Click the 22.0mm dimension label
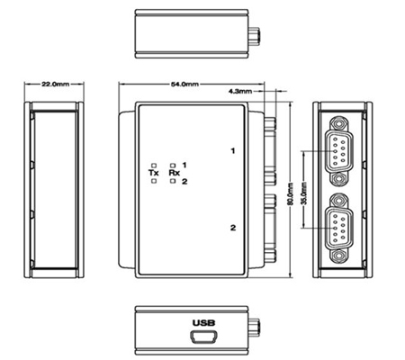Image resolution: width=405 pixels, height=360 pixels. point(56,84)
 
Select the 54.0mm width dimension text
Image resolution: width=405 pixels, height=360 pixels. point(184,85)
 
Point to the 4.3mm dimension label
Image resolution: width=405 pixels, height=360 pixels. point(240,91)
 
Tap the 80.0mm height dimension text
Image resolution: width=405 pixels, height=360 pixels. point(290,194)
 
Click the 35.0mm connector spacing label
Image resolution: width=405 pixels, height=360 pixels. point(304,193)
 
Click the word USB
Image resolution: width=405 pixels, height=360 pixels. point(204,323)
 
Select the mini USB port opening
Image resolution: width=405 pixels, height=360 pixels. point(203,337)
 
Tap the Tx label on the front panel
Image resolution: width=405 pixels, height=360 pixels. point(154,173)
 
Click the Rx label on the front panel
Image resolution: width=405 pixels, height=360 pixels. point(175,173)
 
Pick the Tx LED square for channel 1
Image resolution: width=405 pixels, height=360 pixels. point(154,166)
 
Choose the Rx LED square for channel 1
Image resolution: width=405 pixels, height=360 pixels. point(173,166)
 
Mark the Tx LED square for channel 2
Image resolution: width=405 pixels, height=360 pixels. point(154,181)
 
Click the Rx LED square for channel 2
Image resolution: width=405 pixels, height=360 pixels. point(173,181)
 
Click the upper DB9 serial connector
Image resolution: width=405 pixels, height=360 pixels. point(339,151)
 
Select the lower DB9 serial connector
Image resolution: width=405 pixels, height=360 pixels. point(339,228)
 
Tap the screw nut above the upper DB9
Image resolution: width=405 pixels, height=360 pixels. point(339,123)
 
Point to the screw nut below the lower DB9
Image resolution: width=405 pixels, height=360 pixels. point(339,256)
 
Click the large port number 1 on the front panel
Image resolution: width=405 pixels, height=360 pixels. point(233,151)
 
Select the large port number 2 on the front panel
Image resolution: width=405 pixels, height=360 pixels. point(233,228)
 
